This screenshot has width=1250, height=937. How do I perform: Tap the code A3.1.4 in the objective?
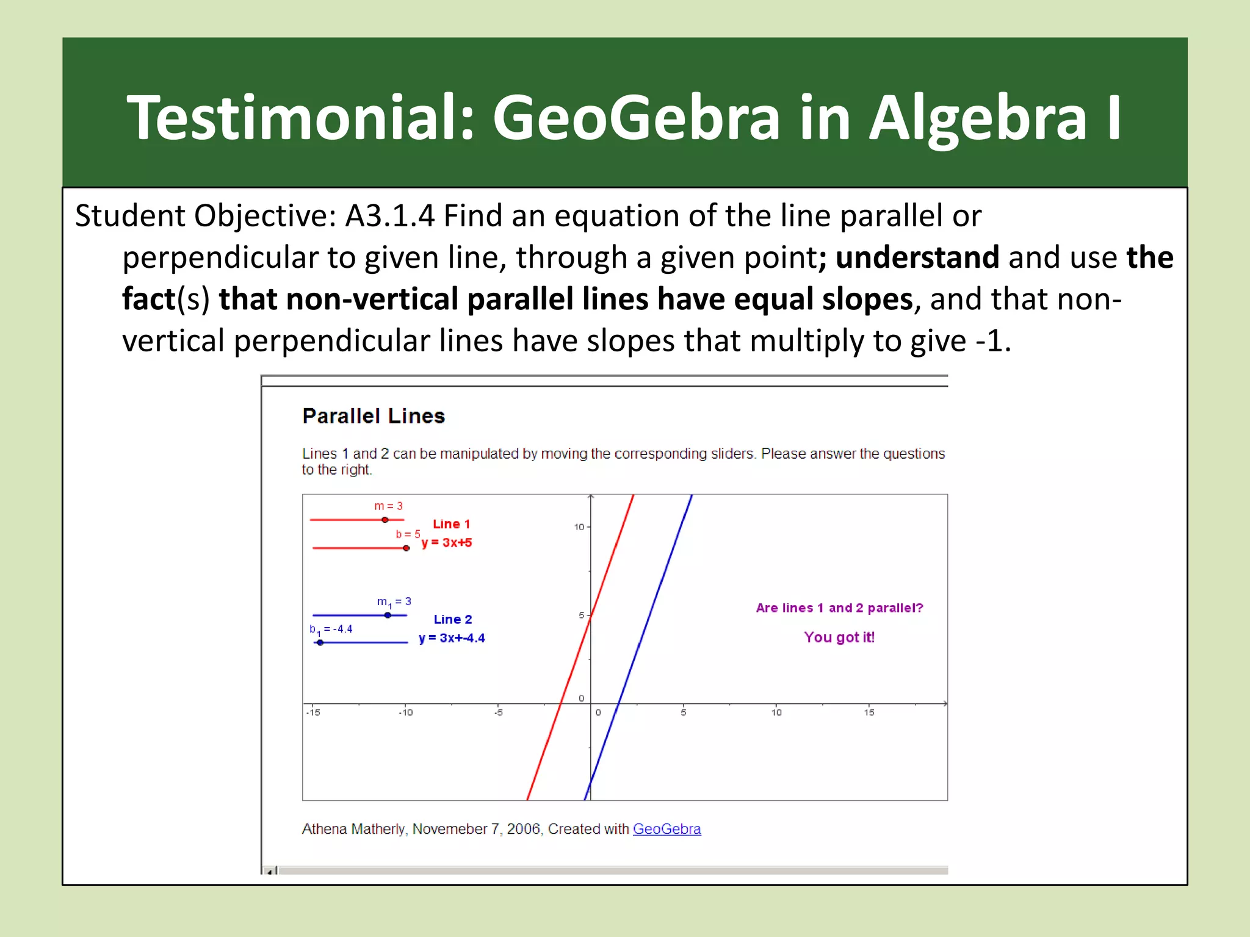coord(390,216)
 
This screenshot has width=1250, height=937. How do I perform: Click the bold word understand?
coord(917,257)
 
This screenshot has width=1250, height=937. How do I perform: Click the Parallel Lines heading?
coord(374,416)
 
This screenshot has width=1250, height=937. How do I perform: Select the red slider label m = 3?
coord(388,506)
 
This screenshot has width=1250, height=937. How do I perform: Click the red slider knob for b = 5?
coord(406,548)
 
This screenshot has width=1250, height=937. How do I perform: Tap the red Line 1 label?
coord(451,524)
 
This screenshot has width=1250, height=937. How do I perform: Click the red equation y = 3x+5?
coord(447,542)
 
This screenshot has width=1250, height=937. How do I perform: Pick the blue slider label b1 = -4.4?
coord(331,629)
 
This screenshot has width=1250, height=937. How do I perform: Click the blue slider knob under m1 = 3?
coord(388,615)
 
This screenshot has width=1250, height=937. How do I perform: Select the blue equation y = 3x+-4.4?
coord(452,638)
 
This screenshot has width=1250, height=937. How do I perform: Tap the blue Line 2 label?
coord(452,619)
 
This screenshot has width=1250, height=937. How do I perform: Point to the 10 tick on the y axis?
coord(579,527)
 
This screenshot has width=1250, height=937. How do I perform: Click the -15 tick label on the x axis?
coord(312,712)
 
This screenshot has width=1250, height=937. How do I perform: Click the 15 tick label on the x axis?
coord(869,712)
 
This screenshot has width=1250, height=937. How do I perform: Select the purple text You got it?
coord(839,637)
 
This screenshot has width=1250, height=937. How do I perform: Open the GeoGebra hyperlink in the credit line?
coord(667,829)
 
